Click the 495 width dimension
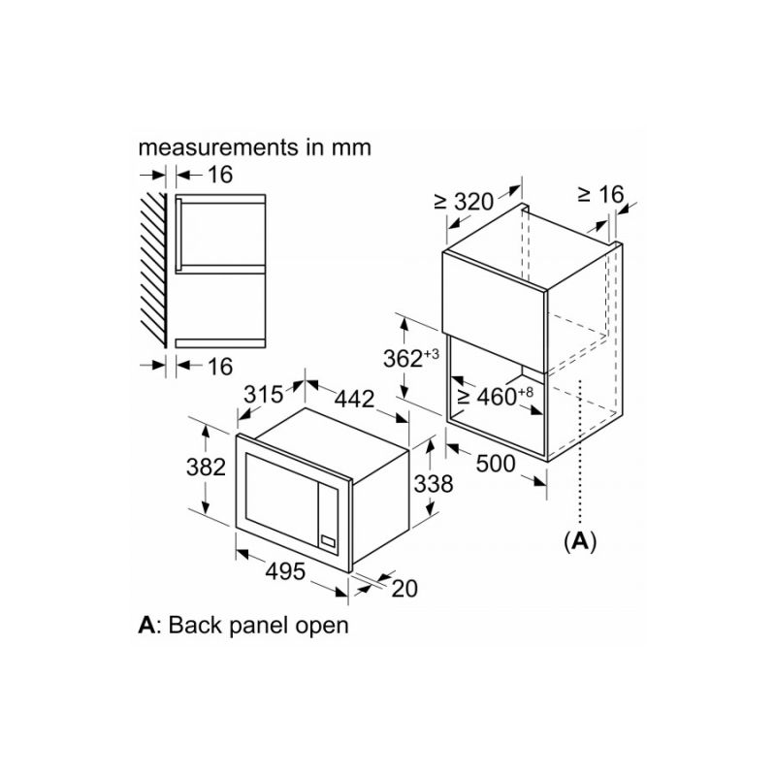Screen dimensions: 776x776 [x=285, y=571]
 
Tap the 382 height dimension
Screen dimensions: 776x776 [x=206, y=467]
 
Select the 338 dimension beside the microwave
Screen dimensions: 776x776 [x=434, y=484]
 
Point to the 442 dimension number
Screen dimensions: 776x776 [x=354, y=399]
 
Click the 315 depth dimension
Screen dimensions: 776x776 [x=263, y=395]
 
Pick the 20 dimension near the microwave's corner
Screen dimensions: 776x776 [x=404, y=589]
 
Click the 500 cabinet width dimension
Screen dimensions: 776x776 [x=496, y=464]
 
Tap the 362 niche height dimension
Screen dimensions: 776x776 [x=411, y=358]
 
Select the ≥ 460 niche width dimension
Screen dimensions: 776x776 [x=497, y=396]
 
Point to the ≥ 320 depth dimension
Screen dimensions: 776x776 [x=464, y=202]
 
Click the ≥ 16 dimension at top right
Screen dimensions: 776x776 [x=600, y=194]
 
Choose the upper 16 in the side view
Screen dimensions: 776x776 [x=220, y=175]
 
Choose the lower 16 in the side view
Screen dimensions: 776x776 [x=220, y=367]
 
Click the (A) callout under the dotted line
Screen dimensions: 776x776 [x=580, y=541]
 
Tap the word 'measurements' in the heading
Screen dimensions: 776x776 [x=218, y=147]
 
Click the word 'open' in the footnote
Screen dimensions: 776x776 [x=322, y=626]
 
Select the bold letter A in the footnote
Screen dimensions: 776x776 [x=146, y=625]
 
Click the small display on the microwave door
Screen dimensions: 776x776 [x=328, y=541]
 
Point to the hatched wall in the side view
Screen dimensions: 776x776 [x=153, y=270]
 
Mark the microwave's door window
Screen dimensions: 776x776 [x=281, y=493]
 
